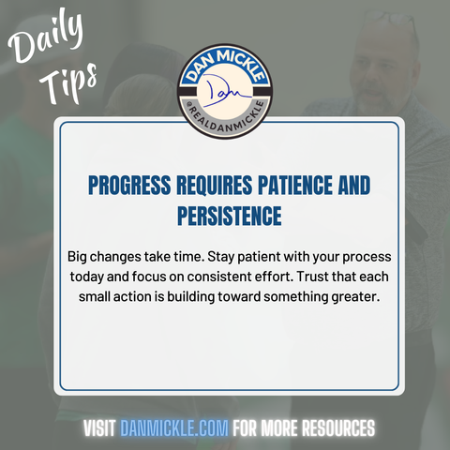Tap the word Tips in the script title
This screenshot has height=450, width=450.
tap(68, 82)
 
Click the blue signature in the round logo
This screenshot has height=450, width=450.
tap(226, 92)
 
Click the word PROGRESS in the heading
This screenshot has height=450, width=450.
tap(129, 185)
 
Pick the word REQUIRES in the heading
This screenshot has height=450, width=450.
tap(215, 185)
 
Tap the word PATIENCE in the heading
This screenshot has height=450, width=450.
tap(295, 185)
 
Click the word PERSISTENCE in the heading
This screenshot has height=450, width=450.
tap(230, 216)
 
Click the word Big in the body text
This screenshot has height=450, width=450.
tap(77, 257)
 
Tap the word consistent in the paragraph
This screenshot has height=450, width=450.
tap(218, 277)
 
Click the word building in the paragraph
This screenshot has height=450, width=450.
tap(190, 297)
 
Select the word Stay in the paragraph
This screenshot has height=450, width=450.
tap(221, 257)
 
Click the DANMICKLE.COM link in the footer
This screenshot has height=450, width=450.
tap(174, 427)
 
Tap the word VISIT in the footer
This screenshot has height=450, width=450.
tap(99, 427)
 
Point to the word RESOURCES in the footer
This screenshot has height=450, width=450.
tap(338, 427)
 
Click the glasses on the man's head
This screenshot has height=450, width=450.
tap(391, 20)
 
